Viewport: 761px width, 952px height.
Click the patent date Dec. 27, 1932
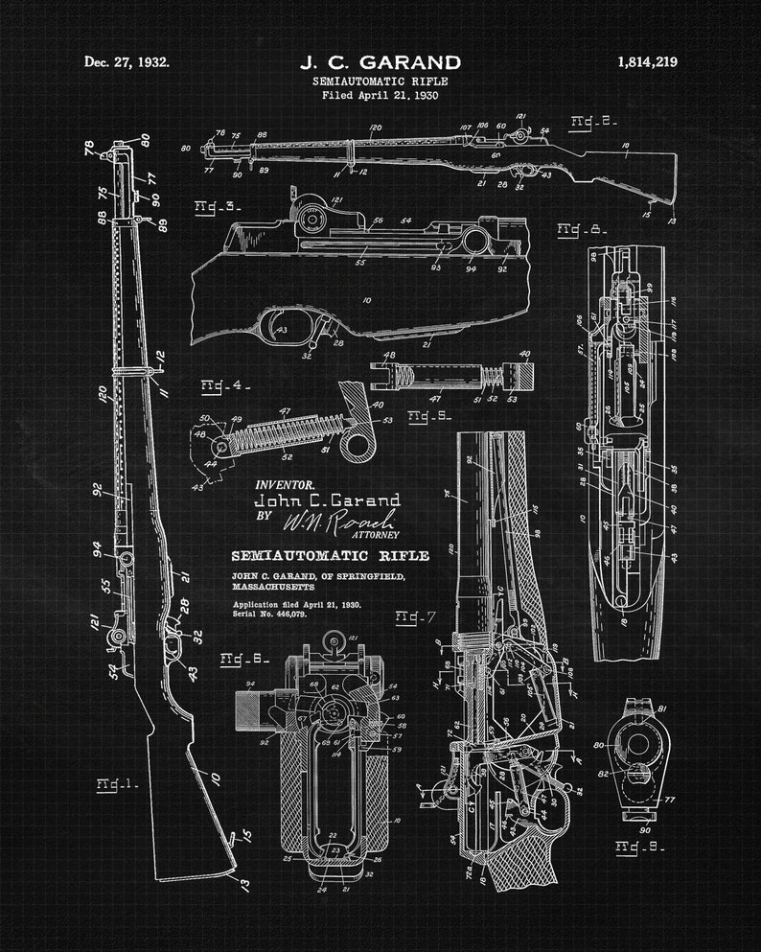pyautogui.click(x=127, y=62)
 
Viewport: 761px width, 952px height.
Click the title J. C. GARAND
pyautogui.click(x=380, y=63)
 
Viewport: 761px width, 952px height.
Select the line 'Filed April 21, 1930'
pyautogui.click(x=380, y=95)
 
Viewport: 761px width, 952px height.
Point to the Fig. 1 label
pyautogui.click(x=117, y=783)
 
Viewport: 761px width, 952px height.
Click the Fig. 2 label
pyautogui.click(x=593, y=121)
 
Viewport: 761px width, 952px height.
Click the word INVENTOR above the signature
pyautogui.click(x=284, y=485)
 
